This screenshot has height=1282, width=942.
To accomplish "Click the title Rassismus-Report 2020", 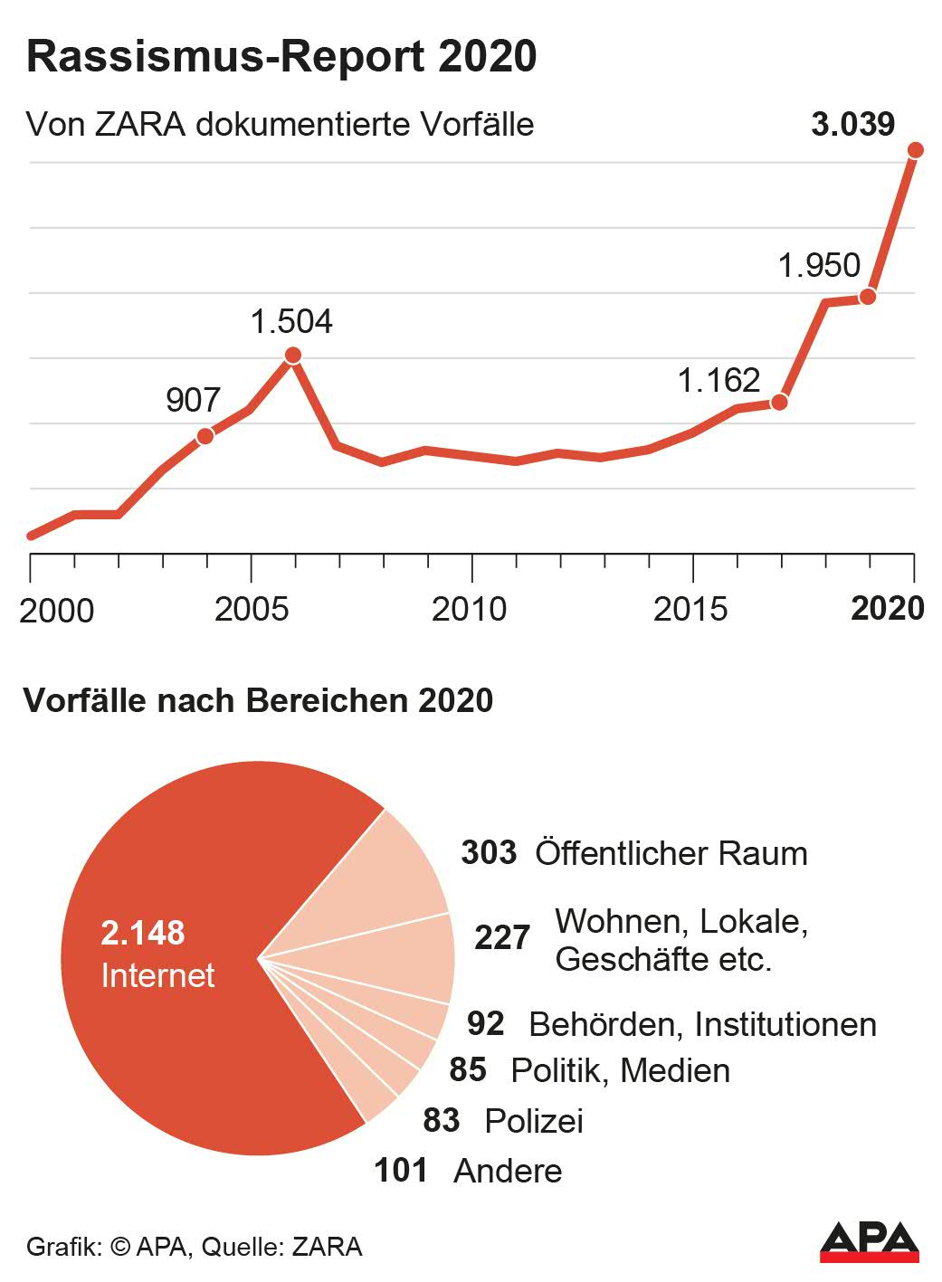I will point(281,56).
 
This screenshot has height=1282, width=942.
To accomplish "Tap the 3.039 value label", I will point(852,124).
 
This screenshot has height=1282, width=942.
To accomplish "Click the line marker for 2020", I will point(915,150).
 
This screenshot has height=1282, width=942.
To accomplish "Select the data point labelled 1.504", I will point(292,356).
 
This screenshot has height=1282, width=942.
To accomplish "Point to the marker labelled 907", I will point(205,436).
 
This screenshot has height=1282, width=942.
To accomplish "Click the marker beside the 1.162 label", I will point(779,402).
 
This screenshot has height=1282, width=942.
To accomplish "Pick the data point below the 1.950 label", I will point(868,297).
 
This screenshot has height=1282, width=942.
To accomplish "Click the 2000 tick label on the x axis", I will point(56,611).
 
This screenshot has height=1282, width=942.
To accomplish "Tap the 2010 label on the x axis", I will point(469,609).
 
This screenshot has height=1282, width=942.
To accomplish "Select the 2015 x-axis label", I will point(690,609).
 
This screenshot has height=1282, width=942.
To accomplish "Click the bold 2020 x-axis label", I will point(888,608).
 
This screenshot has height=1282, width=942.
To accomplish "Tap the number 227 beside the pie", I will point(502,938).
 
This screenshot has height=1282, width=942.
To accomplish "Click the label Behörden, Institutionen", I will point(702,1024).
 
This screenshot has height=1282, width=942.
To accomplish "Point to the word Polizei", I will point(534,1121).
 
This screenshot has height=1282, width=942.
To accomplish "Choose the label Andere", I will point(508,1171).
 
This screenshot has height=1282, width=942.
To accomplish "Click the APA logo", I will point(869,1241).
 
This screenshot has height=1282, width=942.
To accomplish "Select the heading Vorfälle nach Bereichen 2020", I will point(259,700).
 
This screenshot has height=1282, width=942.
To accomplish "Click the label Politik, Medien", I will point(620,1070).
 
